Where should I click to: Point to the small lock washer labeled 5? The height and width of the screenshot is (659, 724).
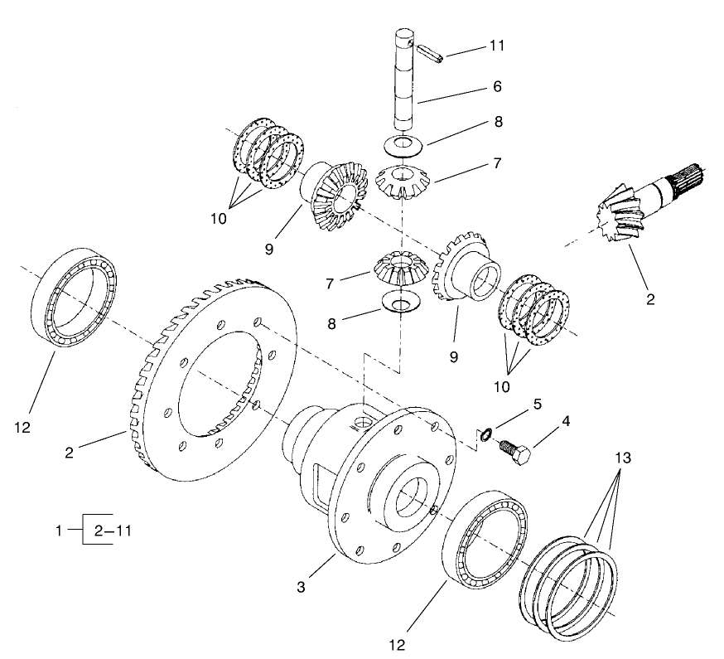(x=487, y=431)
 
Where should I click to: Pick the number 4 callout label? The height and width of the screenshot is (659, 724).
(x=566, y=421)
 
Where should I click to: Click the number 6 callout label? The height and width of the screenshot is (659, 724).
(x=496, y=85)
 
